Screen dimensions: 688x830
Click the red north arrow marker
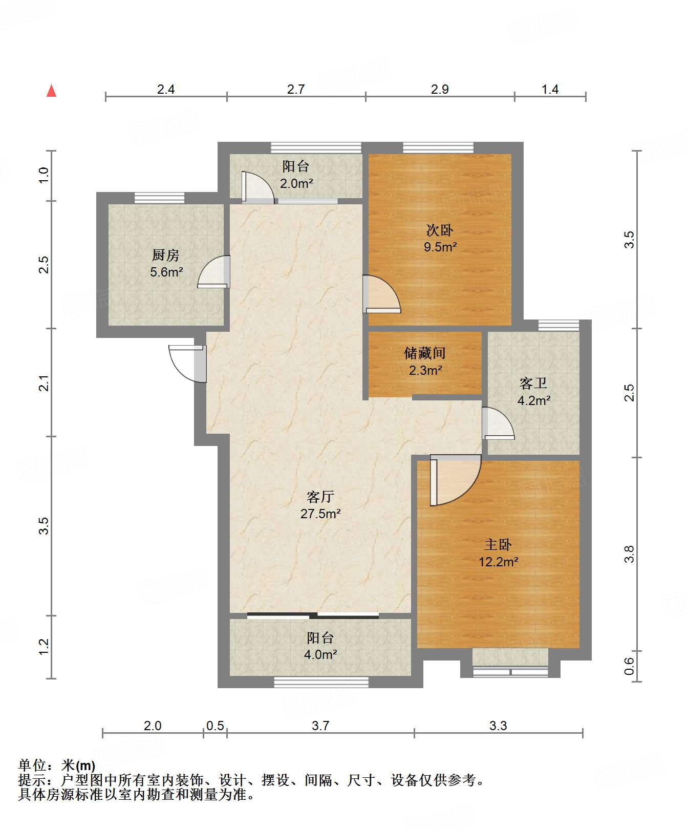tap(51, 91)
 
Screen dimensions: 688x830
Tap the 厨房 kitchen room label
tap(166, 255)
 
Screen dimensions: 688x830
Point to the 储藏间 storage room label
tap(425, 353)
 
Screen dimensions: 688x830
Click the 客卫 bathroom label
tap(533, 383)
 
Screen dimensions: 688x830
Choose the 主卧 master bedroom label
tap(498, 545)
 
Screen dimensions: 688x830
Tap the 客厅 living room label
tap(320, 497)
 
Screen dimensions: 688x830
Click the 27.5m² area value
tap(320, 514)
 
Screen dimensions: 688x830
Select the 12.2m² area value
tap(498, 562)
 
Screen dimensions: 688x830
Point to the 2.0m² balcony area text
tap(296, 183)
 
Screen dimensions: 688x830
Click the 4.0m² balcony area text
tap(320, 654)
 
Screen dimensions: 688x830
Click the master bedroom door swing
tap(455, 480)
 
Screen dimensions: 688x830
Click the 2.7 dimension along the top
tap(296, 89)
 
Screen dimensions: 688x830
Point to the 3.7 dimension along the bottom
tap(320, 726)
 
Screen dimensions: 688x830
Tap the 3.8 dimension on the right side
tap(629, 554)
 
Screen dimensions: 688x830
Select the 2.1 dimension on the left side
tap(44, 383)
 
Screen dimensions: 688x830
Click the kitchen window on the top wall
tap(159, 198)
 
